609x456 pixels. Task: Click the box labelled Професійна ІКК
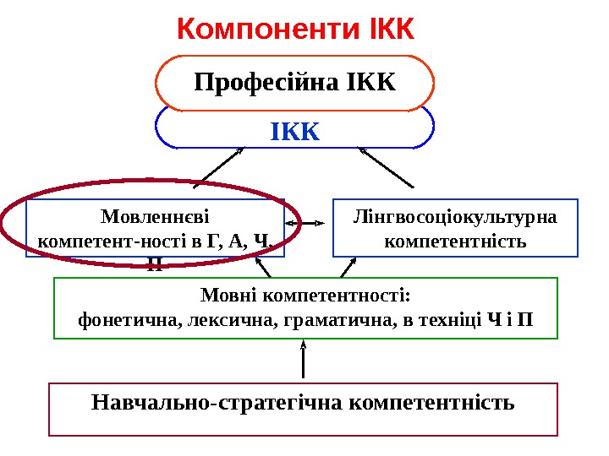295,83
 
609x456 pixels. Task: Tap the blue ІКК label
295,133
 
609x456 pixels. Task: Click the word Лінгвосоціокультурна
455,218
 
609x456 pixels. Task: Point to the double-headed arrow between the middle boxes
305,224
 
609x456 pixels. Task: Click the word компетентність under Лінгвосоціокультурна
455,242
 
